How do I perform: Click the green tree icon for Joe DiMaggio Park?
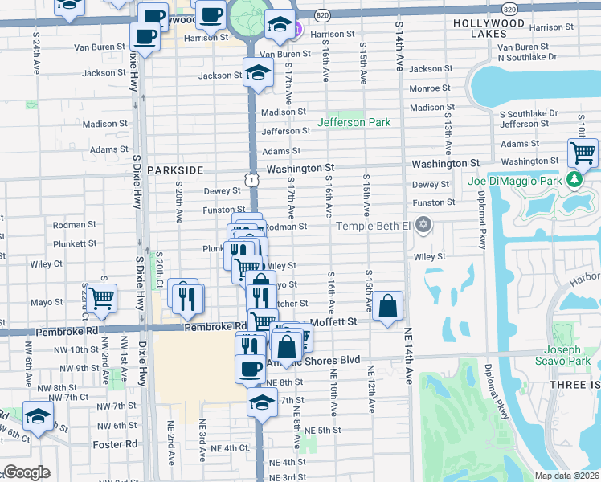575,178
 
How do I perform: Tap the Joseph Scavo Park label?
562,355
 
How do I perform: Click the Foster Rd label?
120,443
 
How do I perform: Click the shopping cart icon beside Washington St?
583,151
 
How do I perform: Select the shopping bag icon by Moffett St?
387,305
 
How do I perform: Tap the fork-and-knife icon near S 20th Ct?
184,297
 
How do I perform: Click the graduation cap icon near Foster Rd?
38,415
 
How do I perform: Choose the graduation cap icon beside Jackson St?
259,72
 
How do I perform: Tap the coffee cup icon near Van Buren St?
145,36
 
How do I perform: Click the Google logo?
27,472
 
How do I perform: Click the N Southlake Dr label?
527,58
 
